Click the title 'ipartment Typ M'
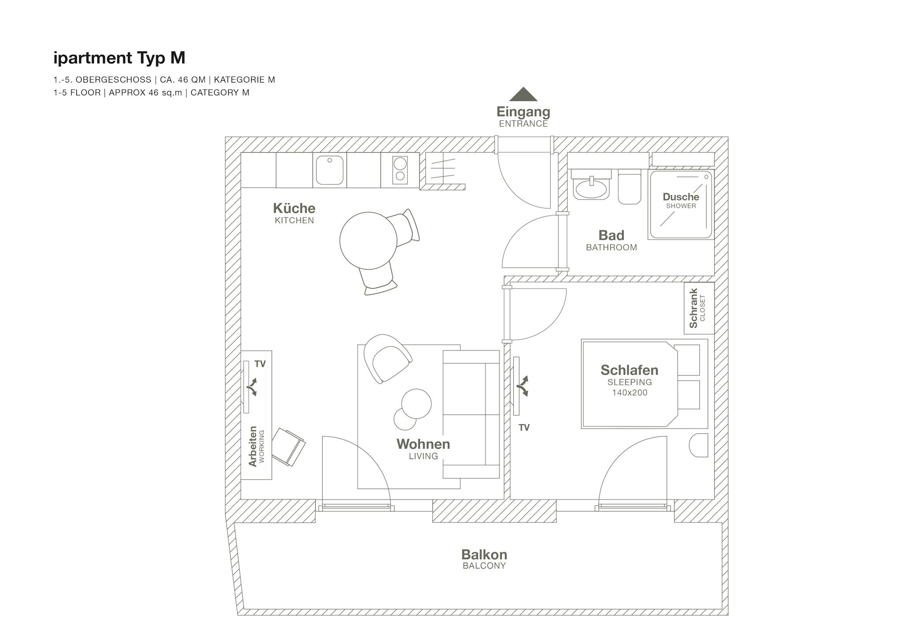[x=119, y=58]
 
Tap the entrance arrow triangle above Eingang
[x=523, y=94]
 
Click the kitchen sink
[x=329, y=170]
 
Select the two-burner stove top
[x=400, y=170]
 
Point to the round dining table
[x=368, y=241]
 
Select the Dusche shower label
[x=681, y=200]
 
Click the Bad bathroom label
[x=611, y=240]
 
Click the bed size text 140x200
[x=629, y=393]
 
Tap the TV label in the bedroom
[x=524, y=427]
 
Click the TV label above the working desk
[x=260, y=364]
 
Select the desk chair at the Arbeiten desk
[x=288, y=447]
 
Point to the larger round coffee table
[x=416, y=404]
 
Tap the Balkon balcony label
[x=484, y=559]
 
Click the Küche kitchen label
[x=294, y=213]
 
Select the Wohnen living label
[x=423, y=449]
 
